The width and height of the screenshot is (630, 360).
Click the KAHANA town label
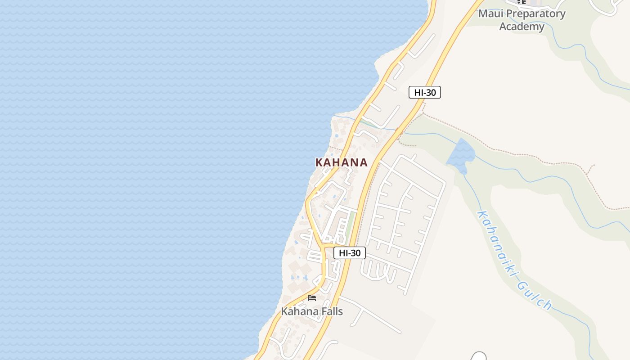click(x=342, y=162)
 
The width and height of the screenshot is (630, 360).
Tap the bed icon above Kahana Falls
click(x=312, y=298)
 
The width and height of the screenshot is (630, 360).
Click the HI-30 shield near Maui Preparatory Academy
click(x=424, y=92)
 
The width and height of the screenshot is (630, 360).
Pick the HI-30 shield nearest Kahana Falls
click(x=350, y=253)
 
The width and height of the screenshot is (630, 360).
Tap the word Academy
click(x=522, y=27)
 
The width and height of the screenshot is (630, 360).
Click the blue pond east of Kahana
click(x=461, y=153)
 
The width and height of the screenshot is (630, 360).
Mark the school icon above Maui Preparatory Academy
click(x=522, y=2)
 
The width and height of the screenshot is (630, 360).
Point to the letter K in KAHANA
click(x=319, y=162)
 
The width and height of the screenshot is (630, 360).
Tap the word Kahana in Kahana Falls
click(x=298, y=311)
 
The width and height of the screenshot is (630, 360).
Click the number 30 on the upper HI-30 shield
click(x=431, y=92)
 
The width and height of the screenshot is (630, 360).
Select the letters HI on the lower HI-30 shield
click(x=342, y=253)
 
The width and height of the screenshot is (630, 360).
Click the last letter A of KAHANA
click(x=363, y=162)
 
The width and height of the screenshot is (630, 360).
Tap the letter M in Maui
click(x=482, y=13)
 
